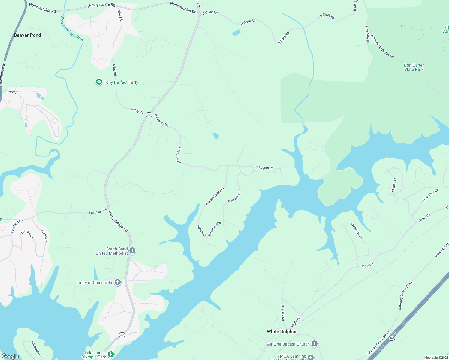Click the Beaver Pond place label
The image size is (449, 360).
27,35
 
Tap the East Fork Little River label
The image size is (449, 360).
72,29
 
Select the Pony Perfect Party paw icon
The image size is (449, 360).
99,82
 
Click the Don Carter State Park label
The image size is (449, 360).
414,67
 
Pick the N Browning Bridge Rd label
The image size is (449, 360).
382,46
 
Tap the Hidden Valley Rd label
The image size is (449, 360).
215,196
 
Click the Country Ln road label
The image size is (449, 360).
234,197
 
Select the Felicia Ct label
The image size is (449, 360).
202,231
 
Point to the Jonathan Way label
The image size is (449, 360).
215,229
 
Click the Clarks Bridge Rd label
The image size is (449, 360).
118,220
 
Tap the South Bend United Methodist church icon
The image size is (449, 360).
132,251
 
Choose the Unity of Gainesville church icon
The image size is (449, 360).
118,282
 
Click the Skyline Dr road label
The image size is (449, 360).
394,185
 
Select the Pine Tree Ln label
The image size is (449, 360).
430,194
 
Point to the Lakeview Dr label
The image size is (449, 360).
357,230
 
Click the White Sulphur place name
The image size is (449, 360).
282,331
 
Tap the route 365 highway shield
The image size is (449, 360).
392,338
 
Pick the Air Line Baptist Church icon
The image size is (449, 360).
314,344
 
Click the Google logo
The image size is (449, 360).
10,356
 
